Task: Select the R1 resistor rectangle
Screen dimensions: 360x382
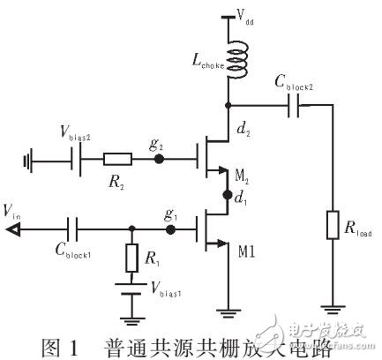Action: tap(132, 259)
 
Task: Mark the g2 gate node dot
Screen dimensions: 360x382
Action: tap(159, 161)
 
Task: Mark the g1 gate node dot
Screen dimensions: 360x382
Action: tap(172, 228)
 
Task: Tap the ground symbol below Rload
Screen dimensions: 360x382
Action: tap(333, 309)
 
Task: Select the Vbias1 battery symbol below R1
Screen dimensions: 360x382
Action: tap(132, 289)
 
